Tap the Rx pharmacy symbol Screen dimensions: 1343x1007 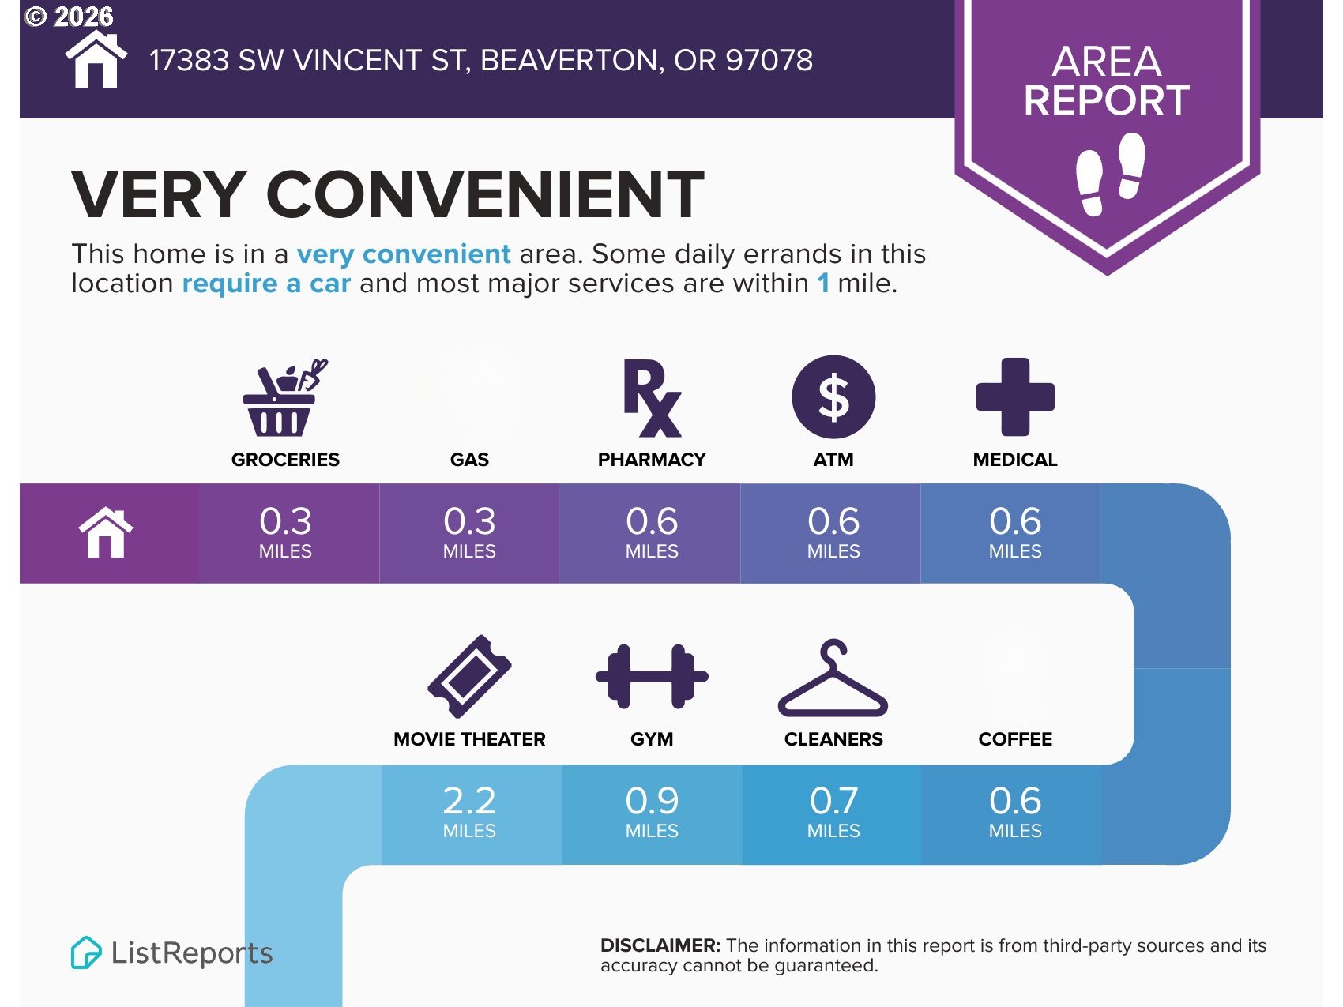coord(652,398)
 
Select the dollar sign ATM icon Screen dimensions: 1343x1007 coord(833,397)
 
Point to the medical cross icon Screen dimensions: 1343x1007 coord(1015,397)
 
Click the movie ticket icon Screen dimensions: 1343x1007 coord(469,677)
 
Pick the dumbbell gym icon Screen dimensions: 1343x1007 coord(652,677)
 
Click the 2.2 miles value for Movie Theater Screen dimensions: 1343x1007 coord(469,811)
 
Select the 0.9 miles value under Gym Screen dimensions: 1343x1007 coord(652,811)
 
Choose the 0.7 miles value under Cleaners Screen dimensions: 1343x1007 coord(833,811)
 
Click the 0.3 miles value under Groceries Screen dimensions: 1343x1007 coord(285,532)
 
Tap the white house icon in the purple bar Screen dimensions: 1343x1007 coord(106,532)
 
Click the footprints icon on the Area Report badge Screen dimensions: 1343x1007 coord(1111,174)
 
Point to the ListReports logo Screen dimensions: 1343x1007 coord(171,953)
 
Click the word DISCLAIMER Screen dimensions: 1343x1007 coord(660,945)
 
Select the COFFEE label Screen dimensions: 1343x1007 coord(1015,739)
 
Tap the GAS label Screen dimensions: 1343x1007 coord(469,460)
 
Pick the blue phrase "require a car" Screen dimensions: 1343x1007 coord(266,284)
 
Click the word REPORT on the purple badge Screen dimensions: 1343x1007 coord(1107,100)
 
